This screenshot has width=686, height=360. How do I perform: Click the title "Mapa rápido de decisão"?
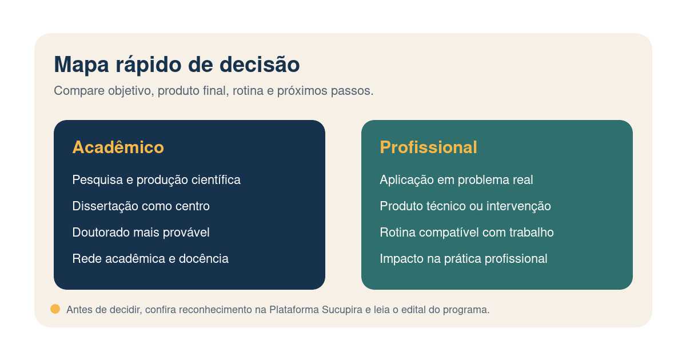(x=177, y=65)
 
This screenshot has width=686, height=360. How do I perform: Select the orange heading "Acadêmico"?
(x=118, y=147)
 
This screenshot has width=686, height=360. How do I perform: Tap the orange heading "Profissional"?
(x=428, y=147)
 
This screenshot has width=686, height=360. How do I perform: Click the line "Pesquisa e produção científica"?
(x=156, y=180)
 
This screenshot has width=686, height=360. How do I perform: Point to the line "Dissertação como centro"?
(x=141, y=206)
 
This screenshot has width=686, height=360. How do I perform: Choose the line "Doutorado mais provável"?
(x=141, y=233)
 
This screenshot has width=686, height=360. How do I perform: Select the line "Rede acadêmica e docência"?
(x=150, y=259)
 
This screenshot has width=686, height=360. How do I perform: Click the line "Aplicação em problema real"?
(x=456, y=180)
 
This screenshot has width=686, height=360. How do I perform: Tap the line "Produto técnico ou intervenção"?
(x=465, y=206)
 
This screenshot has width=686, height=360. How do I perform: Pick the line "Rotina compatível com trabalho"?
(x=466, y=233)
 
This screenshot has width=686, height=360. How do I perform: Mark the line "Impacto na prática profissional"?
(x=463, y=259)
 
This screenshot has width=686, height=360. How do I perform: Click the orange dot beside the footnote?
(x=55, y=309)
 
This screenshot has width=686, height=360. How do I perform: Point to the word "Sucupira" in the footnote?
(x=340, y=310)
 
